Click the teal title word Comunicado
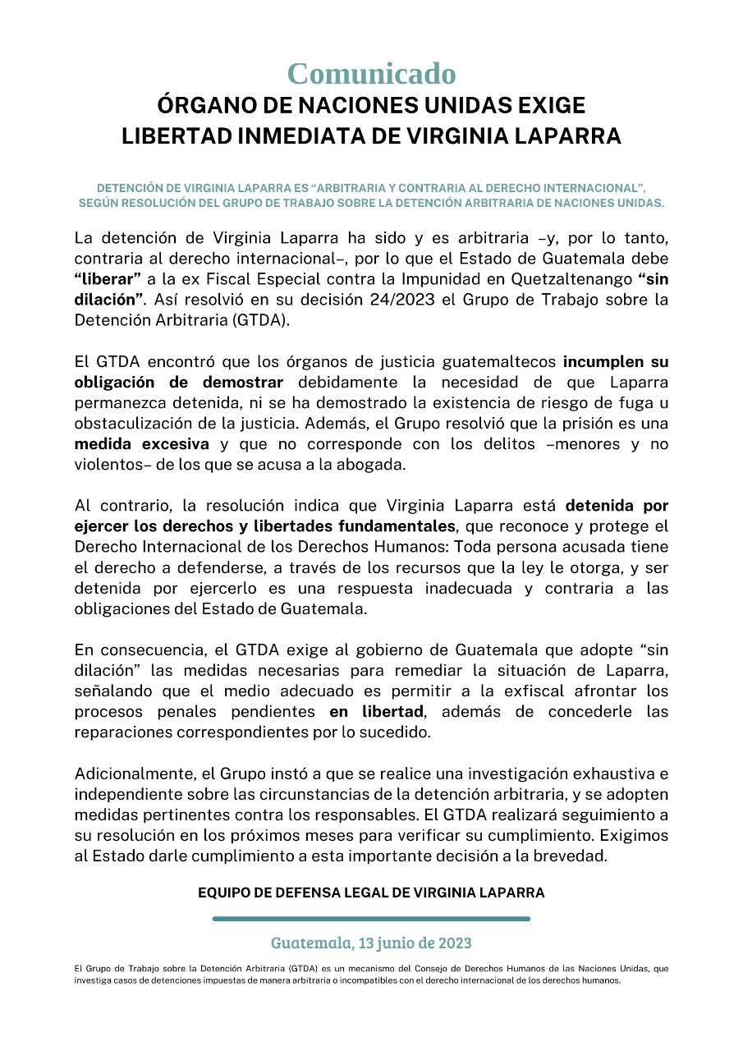point(371,74)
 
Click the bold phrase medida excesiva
point(139,444)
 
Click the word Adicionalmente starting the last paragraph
point(135,773)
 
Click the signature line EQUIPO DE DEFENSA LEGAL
point(371,892)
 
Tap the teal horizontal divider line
point(371,919)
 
